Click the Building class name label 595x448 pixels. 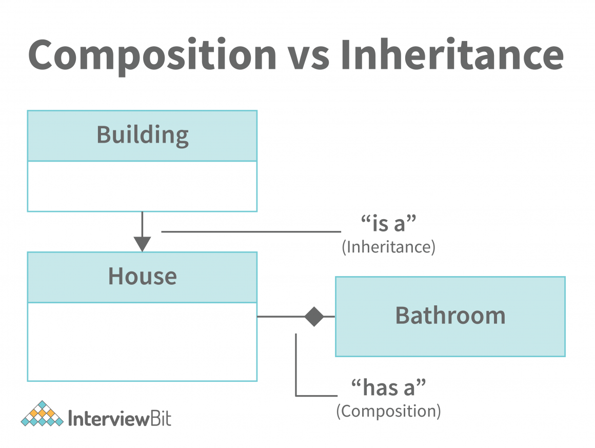click(143, 135)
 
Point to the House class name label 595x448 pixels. click(142, 277)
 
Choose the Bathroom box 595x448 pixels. click(450, 316)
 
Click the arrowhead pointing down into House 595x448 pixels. click(142, 243)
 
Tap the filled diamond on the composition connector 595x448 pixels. click(314, 317)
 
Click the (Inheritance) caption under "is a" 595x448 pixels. click(388, 247)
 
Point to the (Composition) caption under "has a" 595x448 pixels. click(388, 411)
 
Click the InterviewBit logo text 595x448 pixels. click(120, 418)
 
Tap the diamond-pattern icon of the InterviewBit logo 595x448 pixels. click(42, 414)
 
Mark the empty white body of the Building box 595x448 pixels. click(142, 186)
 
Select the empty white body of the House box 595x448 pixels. click(142, 341)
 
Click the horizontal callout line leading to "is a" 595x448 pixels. click(251, 232)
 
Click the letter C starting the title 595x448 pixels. click(44, 54)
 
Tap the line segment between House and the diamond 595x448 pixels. click(281, 317)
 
